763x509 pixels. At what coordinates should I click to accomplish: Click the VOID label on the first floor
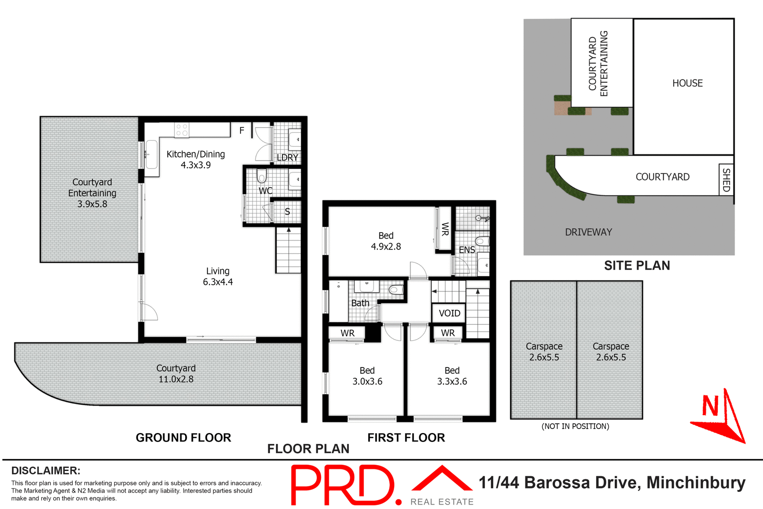point(449,313)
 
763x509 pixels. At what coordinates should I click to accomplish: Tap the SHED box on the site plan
point(726,180)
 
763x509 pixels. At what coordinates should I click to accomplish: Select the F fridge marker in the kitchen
point(242,130)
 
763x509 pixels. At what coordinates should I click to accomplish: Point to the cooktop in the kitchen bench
point(182,130)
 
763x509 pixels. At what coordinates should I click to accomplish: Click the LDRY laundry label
point(287,157)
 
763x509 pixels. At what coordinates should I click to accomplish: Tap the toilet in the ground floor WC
point(261,175)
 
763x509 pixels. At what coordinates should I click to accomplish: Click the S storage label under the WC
point(287,212)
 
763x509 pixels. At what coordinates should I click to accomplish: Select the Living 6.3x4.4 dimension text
point(218,282)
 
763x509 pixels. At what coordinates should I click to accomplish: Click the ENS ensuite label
point(467,250)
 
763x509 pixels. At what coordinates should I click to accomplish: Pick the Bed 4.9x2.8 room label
point(386,241)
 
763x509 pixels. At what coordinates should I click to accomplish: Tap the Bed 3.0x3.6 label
point(367,376)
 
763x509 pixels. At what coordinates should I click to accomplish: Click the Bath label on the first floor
point(360,303)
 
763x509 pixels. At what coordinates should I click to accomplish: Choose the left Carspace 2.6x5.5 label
point(544,352)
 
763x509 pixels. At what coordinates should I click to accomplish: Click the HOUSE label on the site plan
point(687,83)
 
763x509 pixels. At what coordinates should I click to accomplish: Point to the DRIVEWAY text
point(588,232)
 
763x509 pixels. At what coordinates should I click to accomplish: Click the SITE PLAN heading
point(637,265)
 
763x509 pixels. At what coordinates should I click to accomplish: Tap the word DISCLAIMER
point(46,470)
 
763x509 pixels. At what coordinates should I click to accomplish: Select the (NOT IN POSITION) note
point(575,426)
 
